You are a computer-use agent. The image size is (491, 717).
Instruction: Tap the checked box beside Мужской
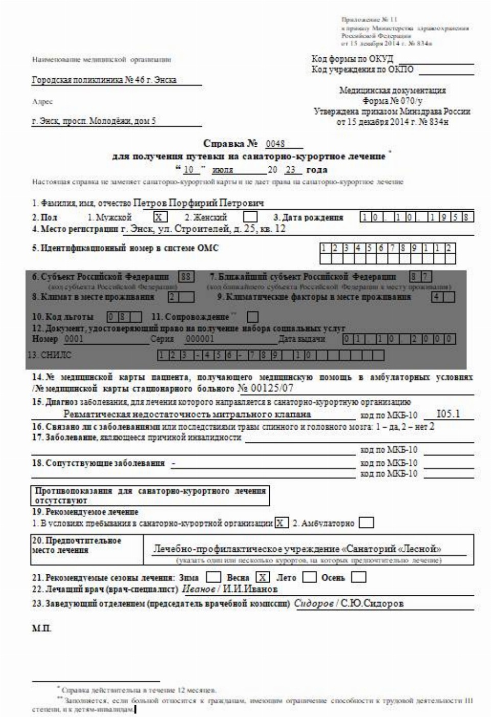[160, 217]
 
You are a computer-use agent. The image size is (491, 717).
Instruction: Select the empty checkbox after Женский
[250, 217]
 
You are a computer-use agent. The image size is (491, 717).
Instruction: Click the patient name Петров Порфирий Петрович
[198, 204]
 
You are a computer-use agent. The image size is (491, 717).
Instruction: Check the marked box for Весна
[262, 577]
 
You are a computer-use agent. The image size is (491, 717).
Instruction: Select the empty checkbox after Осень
[359, 577]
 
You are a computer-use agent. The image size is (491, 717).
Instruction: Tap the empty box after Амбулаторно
[366, 523]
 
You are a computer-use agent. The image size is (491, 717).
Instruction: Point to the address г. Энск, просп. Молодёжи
[94, 122]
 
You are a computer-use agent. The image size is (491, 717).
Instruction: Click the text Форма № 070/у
[392, 101]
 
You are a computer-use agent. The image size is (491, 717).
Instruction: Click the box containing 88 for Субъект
[186, 277]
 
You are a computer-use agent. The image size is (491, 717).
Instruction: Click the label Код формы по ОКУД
[353, 59]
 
